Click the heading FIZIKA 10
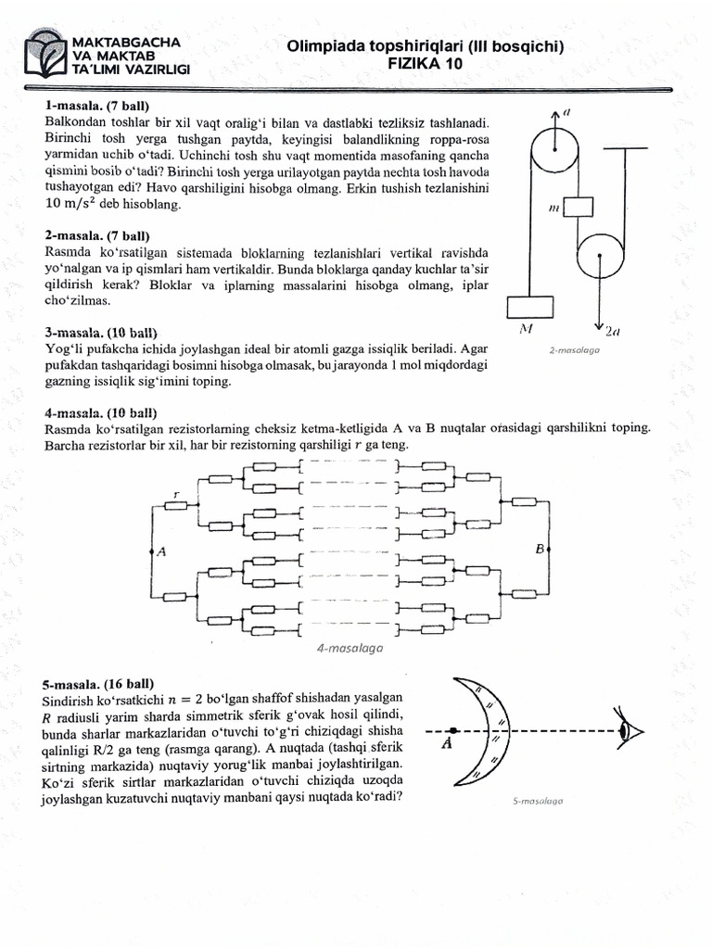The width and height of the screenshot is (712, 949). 426,64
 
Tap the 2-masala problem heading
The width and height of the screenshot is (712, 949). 97,236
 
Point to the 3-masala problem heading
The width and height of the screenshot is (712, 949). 101,332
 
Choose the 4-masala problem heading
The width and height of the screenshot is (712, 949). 101,412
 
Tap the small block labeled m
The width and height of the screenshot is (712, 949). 578,207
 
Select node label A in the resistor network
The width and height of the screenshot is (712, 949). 160,552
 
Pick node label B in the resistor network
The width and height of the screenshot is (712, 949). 540,550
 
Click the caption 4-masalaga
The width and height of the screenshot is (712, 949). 350,650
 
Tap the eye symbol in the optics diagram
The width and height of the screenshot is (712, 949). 637,732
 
